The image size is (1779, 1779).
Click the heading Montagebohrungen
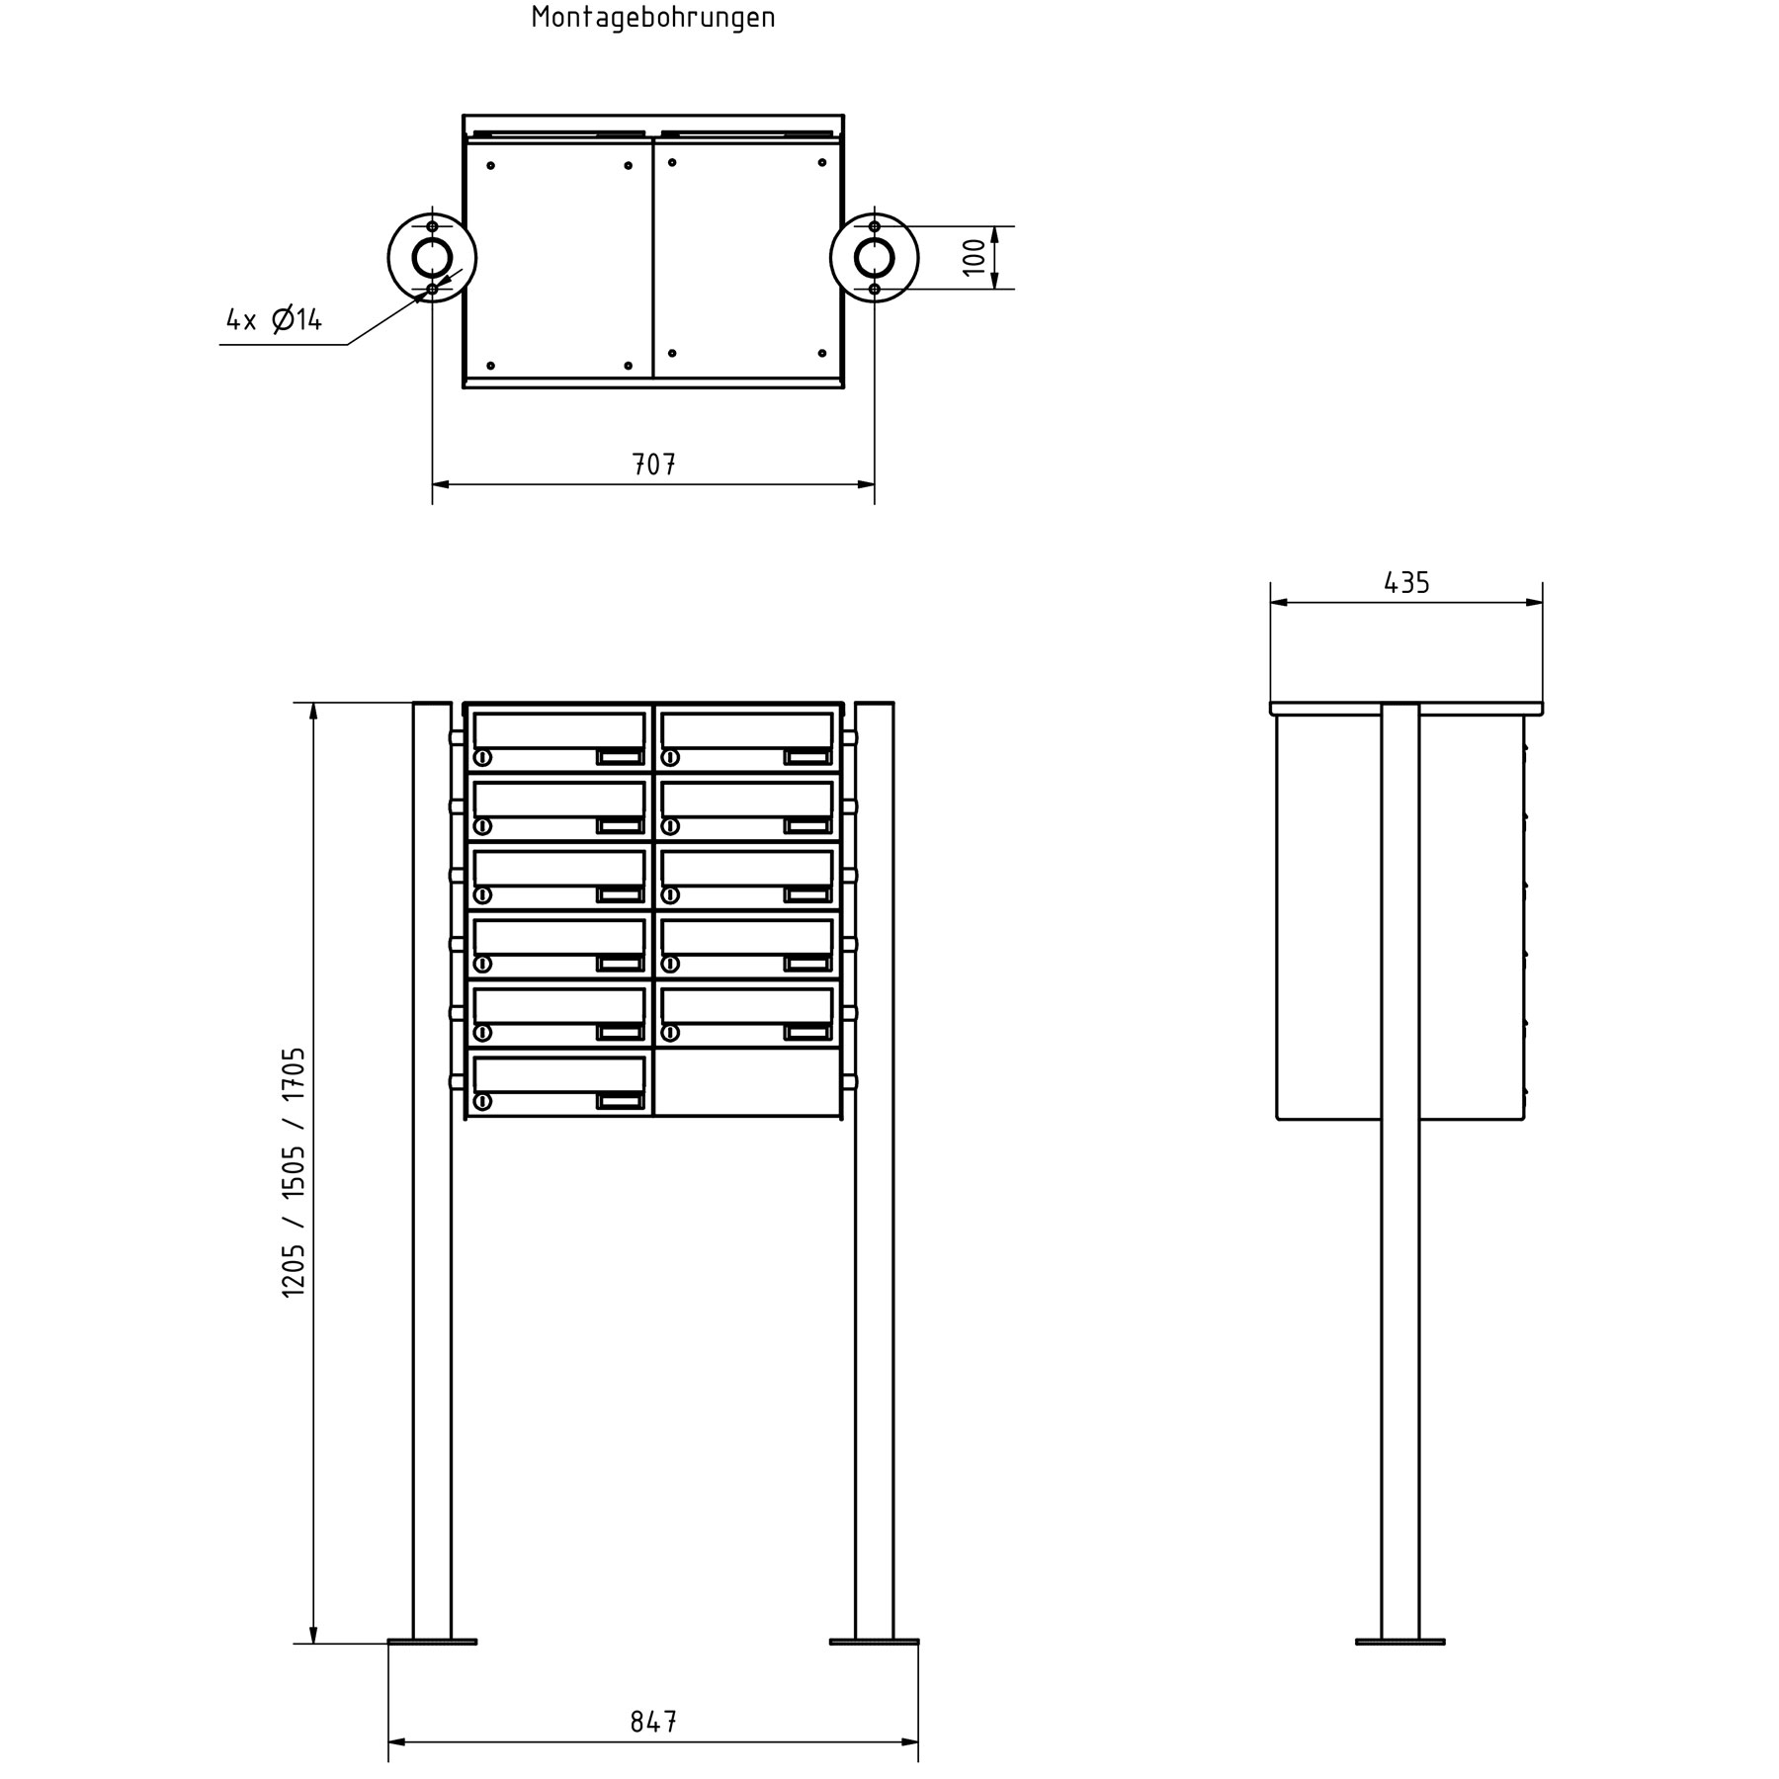coord(653,18)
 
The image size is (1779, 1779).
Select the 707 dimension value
coord(653,465)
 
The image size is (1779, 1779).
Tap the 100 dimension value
coord(974,257)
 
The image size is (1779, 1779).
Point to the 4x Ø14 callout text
coord(274,319)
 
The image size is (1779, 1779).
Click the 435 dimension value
coord(1406,583)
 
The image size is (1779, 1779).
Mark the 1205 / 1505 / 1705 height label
coord(295,1172)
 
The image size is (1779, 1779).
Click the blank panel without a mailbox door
coord(747,1083)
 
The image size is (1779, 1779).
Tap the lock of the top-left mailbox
coord(482,758)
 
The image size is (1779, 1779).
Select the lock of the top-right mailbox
coord(670,758)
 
